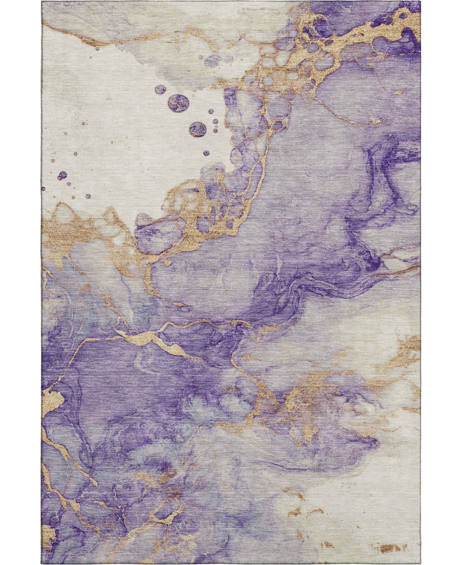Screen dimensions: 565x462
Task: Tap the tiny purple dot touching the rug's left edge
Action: click(x=44, y=189)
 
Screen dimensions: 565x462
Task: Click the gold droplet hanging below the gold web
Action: click(x=168, y=263)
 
